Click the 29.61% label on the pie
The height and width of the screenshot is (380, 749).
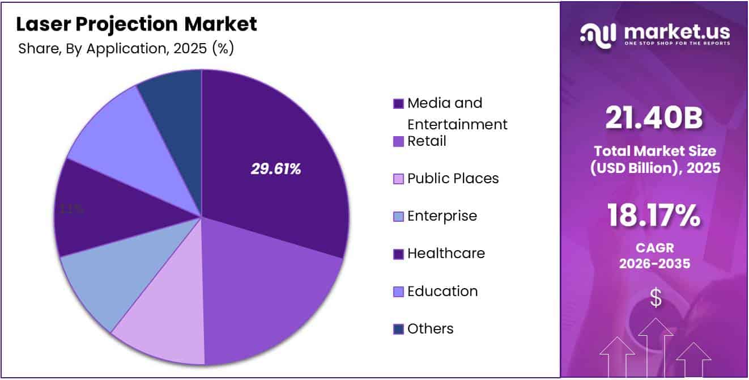click(x=276, y=168)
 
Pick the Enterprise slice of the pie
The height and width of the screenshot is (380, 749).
click(x=113, y=272)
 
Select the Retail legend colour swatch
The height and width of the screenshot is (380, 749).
click(x=398, y=141)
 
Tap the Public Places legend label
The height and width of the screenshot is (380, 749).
click(x=453, y=179)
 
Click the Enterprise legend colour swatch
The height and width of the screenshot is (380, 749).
click(x=398, y=216)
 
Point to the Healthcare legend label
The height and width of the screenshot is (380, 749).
click(x=446, y=254)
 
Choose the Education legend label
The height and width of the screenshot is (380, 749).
click(x=442, y=291)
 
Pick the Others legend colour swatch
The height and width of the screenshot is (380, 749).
click(x=398, y=329)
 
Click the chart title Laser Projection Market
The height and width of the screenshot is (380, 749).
click(x=136, y=24)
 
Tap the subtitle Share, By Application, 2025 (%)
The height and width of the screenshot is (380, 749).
click(x=126, y=49)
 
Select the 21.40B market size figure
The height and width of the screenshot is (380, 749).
click(x=654, y=119)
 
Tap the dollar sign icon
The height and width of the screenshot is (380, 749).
click(x=655, y=298)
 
